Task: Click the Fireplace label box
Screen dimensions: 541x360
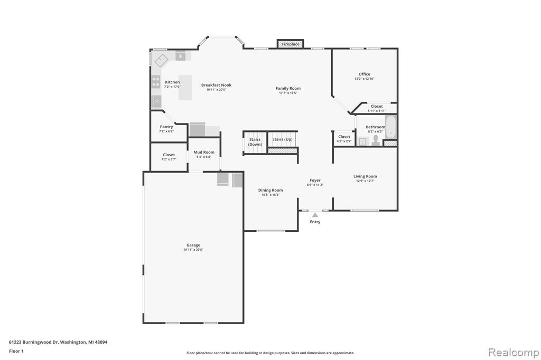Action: tap(291, 44)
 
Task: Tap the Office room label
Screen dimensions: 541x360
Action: tap(365, 74)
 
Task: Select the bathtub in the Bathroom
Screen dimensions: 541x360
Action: tap(391, 127)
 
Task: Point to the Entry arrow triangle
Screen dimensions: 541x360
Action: tap(315, 215)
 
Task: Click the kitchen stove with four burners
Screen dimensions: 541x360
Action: tap(156, 82)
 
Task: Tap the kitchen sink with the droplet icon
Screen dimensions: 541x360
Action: tap(180, 55)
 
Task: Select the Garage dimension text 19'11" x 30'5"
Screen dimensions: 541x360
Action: tap(193, 250)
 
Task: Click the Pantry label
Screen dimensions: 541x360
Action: tap(166, 127)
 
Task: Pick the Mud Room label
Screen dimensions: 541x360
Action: tap(204, 152)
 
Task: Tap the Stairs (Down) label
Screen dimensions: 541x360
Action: tap(255, 141)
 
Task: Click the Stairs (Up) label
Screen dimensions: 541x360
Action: tap(282, 139)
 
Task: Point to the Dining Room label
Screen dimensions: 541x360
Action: tap(270, 190)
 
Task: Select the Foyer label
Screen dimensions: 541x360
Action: tap(315, 181)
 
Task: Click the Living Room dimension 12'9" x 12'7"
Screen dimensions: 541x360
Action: tap(365, 181)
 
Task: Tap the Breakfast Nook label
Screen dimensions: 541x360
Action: tap(216, 85)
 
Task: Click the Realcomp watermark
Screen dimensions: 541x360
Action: tap(514, 353)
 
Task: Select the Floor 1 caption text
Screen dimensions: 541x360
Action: tap(16, 351)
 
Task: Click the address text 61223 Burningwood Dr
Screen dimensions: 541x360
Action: tap(33, 342)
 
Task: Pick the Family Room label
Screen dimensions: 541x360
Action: tap(288, 88)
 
